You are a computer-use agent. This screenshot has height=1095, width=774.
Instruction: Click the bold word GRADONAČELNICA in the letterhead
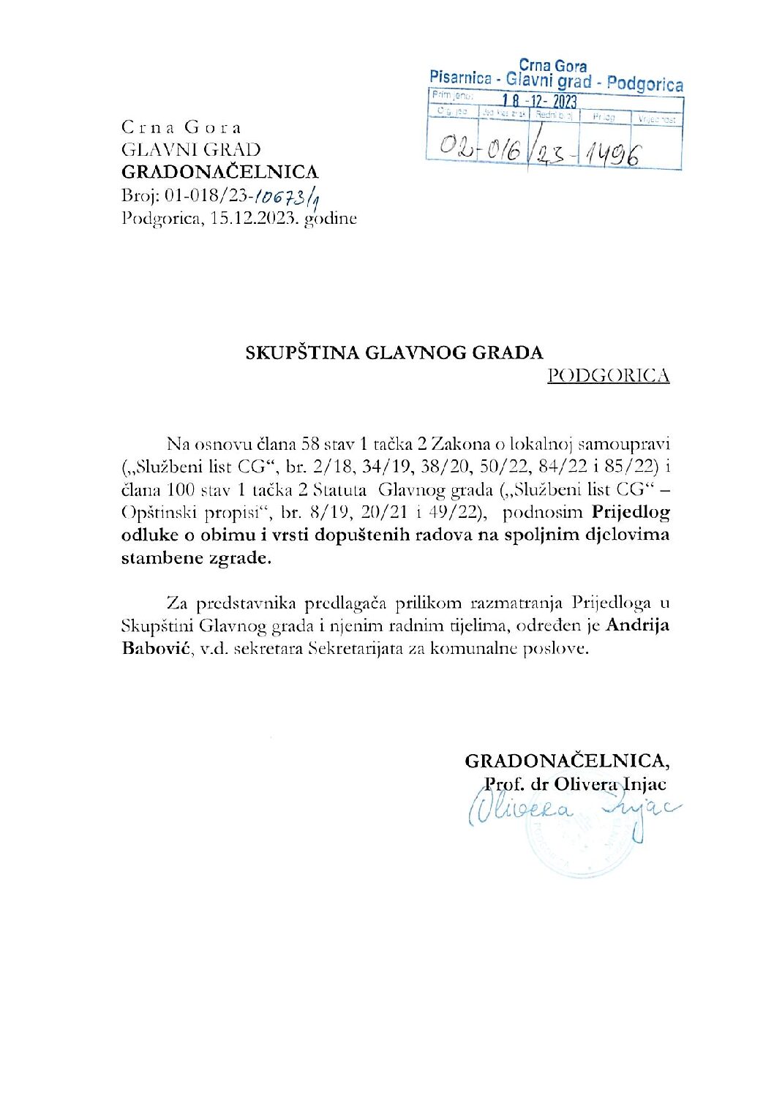pyautogui.click(x=219, y=172)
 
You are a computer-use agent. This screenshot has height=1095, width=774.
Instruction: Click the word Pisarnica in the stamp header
pyautogui.click(x=461, y=78)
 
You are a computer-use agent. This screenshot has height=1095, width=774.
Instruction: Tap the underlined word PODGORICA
pyautogui.click(x=608, y=375)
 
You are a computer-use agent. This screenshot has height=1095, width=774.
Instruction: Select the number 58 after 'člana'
pyautogui.click(x=301, y=443)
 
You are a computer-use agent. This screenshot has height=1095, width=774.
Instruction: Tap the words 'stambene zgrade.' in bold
pyautogui.click(x=195, y=558)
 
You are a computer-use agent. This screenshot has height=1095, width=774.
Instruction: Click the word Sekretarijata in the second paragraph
pyautogui.click(x=354, y=648)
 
